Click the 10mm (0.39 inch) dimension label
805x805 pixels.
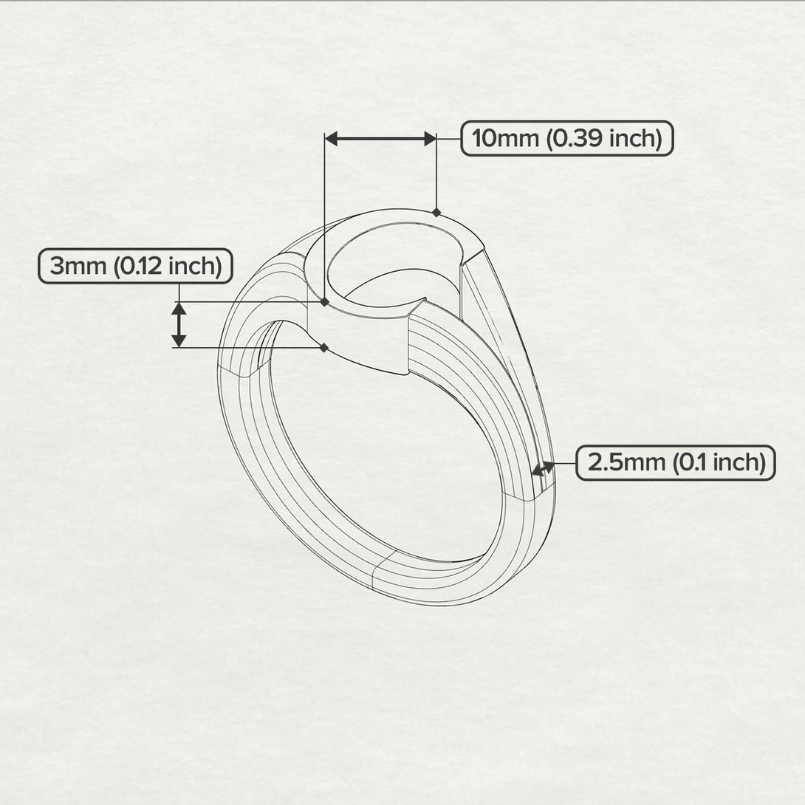point(566,138)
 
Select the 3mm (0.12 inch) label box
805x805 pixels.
point(135,266)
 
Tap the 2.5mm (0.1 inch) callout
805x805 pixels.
point(675,463)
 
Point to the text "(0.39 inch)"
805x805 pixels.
point(603,138)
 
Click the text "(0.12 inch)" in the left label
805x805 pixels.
point(168,266)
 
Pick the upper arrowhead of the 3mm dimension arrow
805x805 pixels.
point(179,309)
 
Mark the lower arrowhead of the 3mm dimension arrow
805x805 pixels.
point(179,340)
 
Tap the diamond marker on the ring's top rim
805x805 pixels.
point(436,212)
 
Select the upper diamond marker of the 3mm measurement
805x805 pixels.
point(324,301)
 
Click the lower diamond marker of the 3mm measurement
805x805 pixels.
point(324,347)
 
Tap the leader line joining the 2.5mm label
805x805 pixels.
point(565,463)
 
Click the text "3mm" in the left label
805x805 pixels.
point(78,266)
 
